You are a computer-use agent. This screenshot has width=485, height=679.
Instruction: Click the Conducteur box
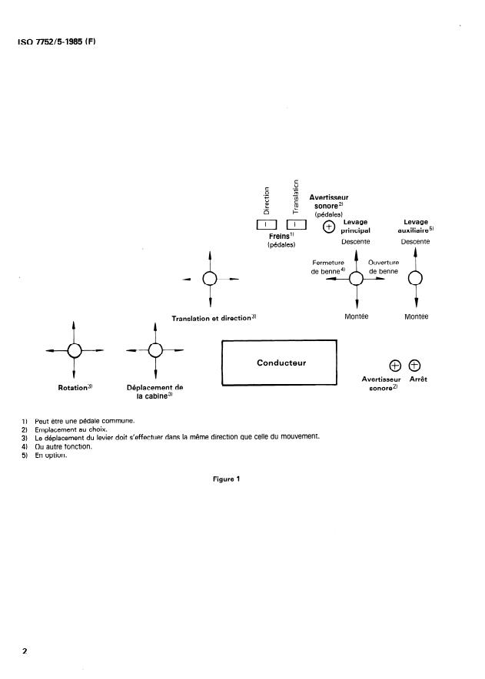click(x=280, y=363)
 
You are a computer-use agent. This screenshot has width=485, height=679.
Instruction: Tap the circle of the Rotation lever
click(x=74, y=350)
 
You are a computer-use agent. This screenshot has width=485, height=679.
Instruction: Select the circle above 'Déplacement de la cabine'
click(x=155, y=350)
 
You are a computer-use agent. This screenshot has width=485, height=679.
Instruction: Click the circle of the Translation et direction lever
click(x=210, y=279)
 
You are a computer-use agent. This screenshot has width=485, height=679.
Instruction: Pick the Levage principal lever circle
click(x=357, y=280)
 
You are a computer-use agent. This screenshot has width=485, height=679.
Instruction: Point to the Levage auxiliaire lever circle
click(x=415, y=279)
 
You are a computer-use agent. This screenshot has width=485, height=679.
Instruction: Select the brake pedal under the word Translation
click(x=296, y=224)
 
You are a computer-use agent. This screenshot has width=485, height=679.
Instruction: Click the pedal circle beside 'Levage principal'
click(x=329, y=227)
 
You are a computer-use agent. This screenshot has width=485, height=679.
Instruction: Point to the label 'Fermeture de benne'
click(x=328, y=267)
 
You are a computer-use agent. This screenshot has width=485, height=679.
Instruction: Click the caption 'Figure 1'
click(x=227, y=480)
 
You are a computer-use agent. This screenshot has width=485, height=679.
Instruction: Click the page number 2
click(x=25, y=651)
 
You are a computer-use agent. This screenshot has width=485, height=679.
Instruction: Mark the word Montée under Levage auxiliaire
click(x=416, y=317)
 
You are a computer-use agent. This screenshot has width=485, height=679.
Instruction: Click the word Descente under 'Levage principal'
click(x=356, y=241)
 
